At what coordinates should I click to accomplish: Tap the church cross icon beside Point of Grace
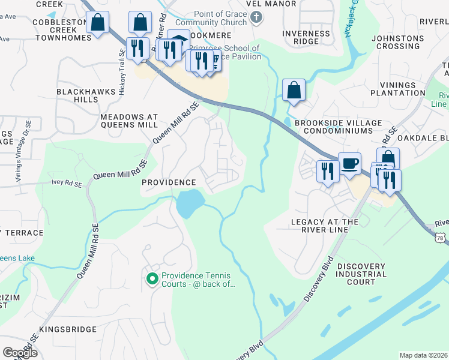click(x=256, y=17)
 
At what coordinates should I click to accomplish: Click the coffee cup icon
click(x=350, y=163)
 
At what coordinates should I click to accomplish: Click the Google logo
click(x=20, y=352)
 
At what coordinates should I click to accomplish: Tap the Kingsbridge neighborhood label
click(x=68, y=329)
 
